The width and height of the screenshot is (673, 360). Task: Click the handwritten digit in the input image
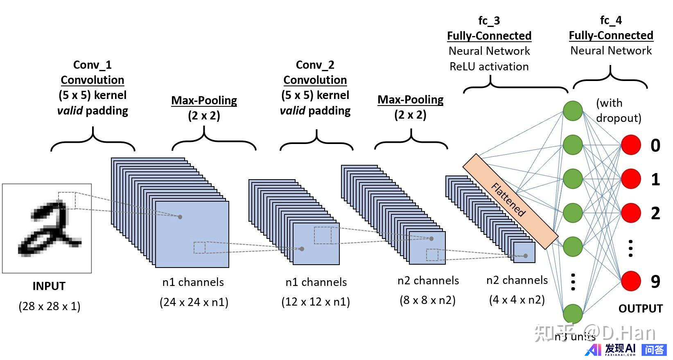click(x=48, y=229)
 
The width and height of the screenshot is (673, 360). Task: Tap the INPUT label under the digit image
click(x=49, y=286)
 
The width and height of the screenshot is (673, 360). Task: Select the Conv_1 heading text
click(x=92, y=65)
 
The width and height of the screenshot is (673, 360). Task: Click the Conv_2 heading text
click(x=315, y=65)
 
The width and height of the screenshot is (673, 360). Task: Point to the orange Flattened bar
click(x=510, y=201)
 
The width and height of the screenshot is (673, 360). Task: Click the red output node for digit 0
click(x=631, y=145)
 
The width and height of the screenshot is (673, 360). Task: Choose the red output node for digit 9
click(x=631, y=281)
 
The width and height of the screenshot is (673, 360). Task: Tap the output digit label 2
click(x=655, y=213)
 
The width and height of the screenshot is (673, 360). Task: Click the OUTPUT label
click(x=640, y=308)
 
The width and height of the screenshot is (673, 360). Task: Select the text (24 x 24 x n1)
click(x=194, y=302)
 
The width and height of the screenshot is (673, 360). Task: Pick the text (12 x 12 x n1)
click(x=315, y=301)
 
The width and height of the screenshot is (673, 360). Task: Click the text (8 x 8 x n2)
click(x=427, y=300)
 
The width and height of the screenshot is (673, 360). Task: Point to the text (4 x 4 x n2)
click(x=517, y=299)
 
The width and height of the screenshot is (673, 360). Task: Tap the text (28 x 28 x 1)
click(x=50, y=306)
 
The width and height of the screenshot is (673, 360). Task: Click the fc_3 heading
click(x=489, y=20)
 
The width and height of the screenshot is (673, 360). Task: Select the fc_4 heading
click(x=610, y=20)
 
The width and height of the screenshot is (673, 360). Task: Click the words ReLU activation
click(x=489, y=66)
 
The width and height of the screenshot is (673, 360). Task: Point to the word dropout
click(x=618, y=118)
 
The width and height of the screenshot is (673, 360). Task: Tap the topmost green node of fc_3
click(x=573, y=111)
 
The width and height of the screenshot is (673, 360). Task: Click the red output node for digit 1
click(x=631, y=179)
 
